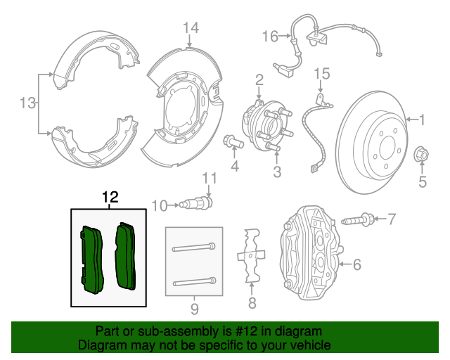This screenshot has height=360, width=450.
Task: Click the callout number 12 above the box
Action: tap(111, 198)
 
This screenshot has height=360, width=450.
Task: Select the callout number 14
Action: tap(191, 28)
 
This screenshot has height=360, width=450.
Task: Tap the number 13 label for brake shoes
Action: tap(27, 104)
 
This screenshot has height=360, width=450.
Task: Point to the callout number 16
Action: tap(271, 36)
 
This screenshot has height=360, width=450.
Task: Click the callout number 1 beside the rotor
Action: tap(423, 120)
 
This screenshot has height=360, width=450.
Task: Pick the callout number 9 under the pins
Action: tap(195, 309)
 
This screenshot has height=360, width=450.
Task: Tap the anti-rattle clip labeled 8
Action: tap(251, 257)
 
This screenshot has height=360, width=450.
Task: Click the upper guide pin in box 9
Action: tap(193, 247)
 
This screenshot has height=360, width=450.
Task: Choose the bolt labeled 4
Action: tap(234, 142)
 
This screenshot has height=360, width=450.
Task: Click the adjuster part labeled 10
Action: tap(193, 205)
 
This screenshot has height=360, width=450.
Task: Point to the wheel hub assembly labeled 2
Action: tap(264, 123)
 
